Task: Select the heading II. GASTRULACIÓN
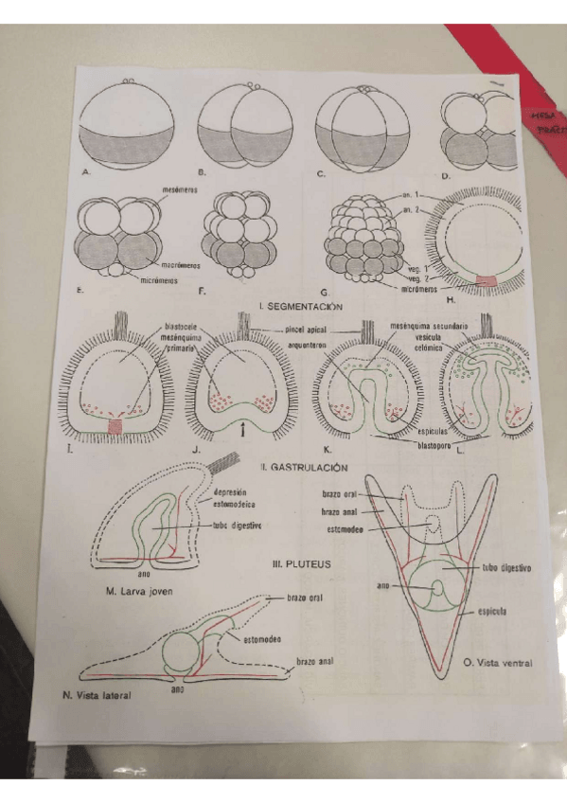point(304,467)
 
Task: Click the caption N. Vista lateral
point(91,694)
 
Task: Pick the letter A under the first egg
point(86,172)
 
